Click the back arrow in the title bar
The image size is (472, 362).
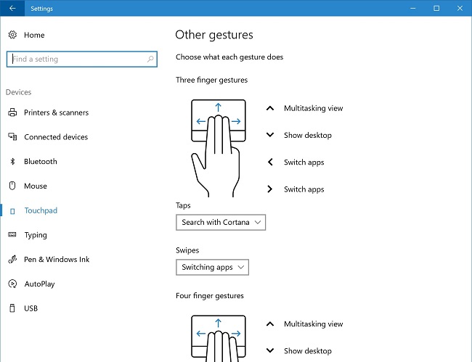[x=12, y=8]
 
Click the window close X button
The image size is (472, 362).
[x=460, y=9]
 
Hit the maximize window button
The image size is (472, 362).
[x=436, y=9]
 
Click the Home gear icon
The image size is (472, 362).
[x=12, y=35]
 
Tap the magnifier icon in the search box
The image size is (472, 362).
[x=150, y=59]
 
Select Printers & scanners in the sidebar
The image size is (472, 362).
[x=57, y=112]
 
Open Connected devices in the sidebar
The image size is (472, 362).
[x=56, y=137]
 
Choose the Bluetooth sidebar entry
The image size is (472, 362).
[x=41, y=162]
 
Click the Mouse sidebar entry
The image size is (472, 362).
[x=36, y=186]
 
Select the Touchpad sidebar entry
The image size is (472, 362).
[x=41, y=210]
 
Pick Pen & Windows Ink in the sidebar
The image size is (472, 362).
[x=57, y=260]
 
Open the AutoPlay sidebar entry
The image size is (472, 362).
[x=39, y=284]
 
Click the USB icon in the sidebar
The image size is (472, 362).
[x=12, y=308]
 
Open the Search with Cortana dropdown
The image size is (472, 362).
[x=221, y=223]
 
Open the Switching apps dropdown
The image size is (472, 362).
[x=212, y=267]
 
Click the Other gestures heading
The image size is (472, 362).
[x=214, y=35]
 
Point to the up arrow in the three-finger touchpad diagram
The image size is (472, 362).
[x=219, y=107]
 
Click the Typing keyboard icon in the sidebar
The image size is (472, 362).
[x=12, y=235]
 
